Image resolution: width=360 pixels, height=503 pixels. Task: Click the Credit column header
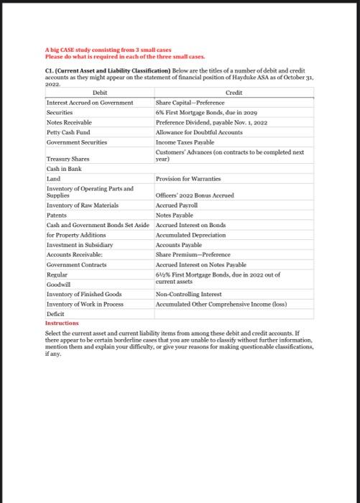pyautogui.click(x=234, y=93)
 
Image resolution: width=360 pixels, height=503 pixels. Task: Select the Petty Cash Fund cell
pyautogui.click(x=68, y=133)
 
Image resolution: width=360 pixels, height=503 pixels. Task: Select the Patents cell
pyautogui.click(x=57, y=215)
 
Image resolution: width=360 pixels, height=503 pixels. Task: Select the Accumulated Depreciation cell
pyautogui.click(x=190, y=234)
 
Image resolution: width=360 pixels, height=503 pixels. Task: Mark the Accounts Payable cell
pyautogui.click(x=180, y=244)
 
